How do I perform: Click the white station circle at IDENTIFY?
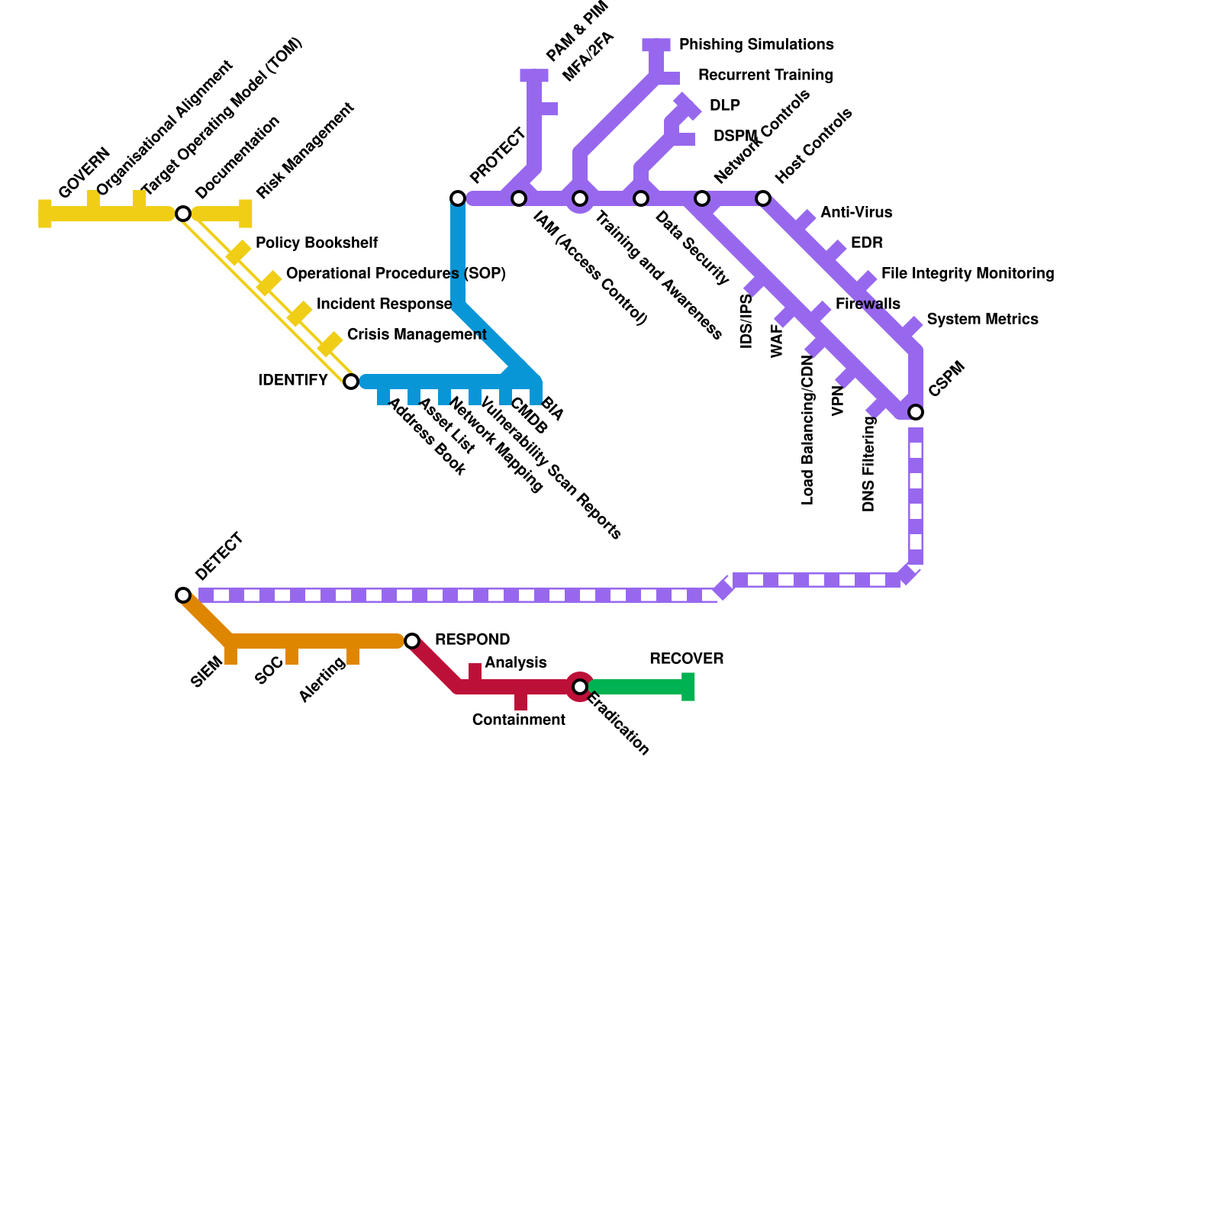click(x=350, y=382)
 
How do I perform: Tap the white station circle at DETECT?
click(x=183, y=595)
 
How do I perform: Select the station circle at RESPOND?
click(x=412, y=641)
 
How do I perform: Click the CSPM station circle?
click(x=916, y=412)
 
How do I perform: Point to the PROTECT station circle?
click(x=458, y=198)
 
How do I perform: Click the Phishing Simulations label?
click(x=755, y=45)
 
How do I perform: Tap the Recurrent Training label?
click(x=765, y=76)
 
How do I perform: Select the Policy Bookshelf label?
click(x=316, y=243)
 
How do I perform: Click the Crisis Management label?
click(x=416, y=335)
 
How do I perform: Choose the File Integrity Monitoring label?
click(x=967, y=274)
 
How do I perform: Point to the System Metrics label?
click(x=982, y=320)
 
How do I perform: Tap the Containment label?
click(x=518, y=720)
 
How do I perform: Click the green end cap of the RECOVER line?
click(x=688, y=687)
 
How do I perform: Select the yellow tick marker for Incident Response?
click(x=299, y=314)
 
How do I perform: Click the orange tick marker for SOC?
click(x=292, y=656)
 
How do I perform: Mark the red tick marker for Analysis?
click(x=475, y=672)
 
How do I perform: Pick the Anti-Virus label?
click(x=855, y=213)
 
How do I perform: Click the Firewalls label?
click(x=868, y=304)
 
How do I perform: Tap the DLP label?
click(x=724, y=106)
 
